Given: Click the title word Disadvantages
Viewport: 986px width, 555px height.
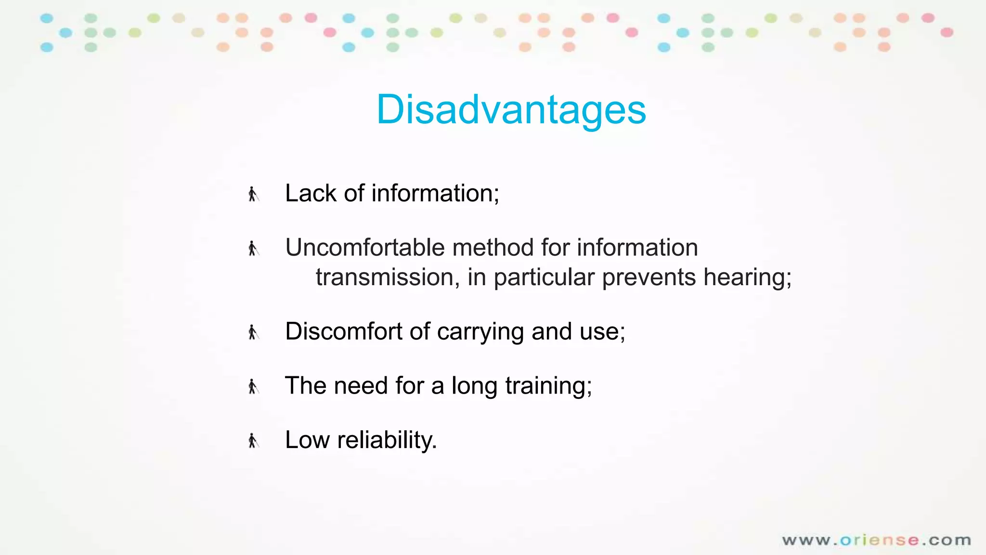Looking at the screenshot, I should pos(511,110).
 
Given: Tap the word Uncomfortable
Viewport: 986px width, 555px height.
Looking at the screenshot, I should pos(364,248).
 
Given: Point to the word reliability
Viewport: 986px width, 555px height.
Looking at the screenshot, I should pos(387,440).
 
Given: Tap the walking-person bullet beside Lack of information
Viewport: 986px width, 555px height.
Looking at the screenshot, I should pos(253,194).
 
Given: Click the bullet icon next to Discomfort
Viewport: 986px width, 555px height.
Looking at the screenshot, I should pos(253,332).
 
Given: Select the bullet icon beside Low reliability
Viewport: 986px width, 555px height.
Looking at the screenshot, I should pos(253,440).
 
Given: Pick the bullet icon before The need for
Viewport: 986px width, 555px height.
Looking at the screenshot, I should pos(253,386).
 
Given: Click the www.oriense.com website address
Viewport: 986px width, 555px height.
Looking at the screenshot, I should pos(876,540).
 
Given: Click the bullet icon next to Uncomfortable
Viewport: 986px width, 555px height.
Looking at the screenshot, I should pos(253,249).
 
